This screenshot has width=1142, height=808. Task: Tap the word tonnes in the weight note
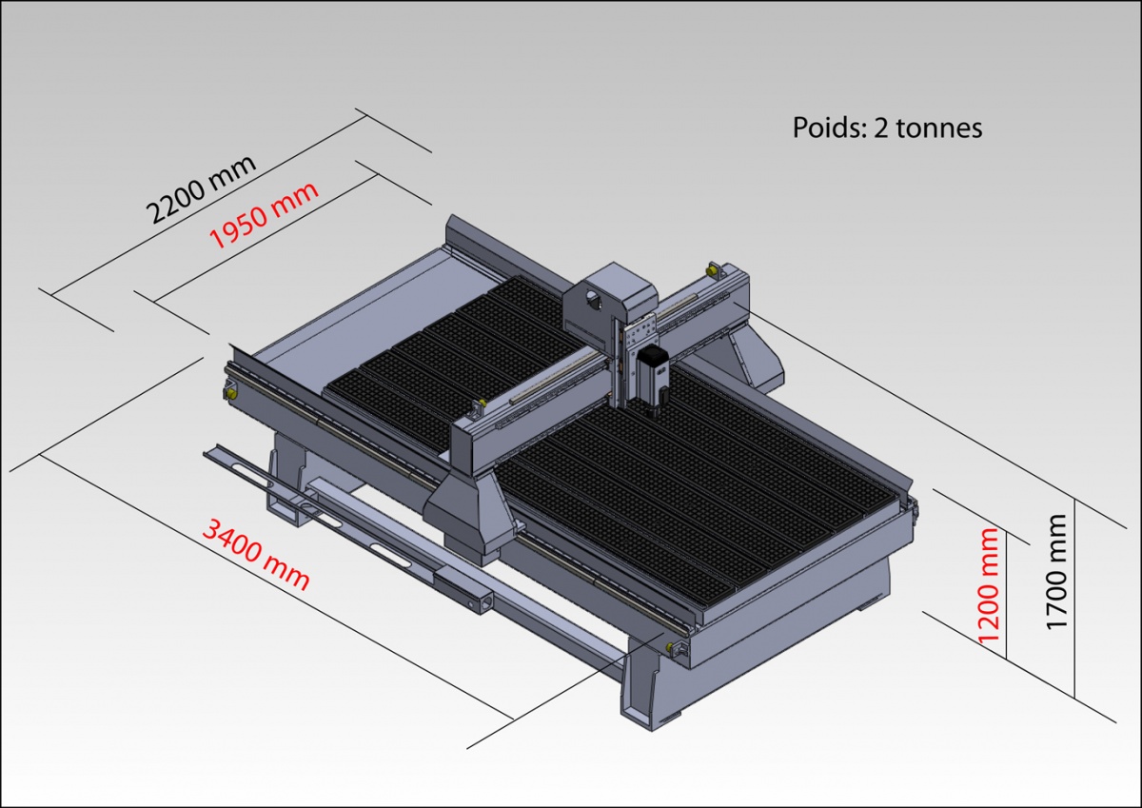937,128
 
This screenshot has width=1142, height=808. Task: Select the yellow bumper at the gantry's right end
711,271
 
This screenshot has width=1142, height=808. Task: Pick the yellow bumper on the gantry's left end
479,407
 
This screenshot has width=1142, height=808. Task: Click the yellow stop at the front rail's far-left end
229,389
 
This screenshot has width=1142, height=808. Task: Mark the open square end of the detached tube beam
483,601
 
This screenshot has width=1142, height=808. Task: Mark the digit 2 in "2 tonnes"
880,128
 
